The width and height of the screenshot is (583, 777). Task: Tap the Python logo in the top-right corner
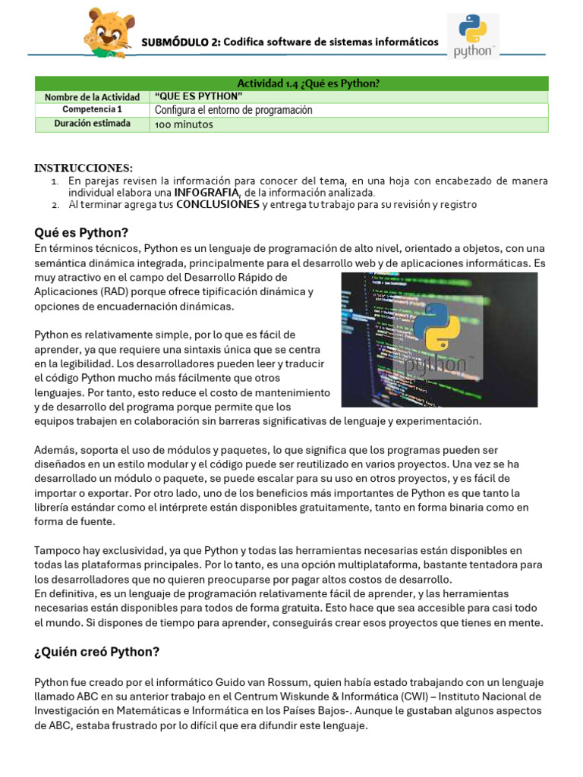tap(473, 35)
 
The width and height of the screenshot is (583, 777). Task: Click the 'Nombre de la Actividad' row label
tap(93, 97)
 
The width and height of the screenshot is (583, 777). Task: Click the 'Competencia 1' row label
tap(93, 110)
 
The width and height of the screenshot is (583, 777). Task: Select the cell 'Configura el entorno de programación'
tap(234, 110)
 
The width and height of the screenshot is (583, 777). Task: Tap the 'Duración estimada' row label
tap(93, 124)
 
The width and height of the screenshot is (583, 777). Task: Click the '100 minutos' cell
tap(184, 124)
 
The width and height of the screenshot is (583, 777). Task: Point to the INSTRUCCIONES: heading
tap(84, 168)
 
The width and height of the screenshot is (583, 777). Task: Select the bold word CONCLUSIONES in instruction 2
tap(217, 205)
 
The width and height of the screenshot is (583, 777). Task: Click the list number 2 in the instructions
tap(55, 206)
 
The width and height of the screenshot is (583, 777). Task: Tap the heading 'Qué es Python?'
tap(81, 232)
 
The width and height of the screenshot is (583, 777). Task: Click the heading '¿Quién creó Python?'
tap(97, 652)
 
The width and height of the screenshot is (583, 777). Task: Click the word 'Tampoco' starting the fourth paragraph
tap(58, 550)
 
